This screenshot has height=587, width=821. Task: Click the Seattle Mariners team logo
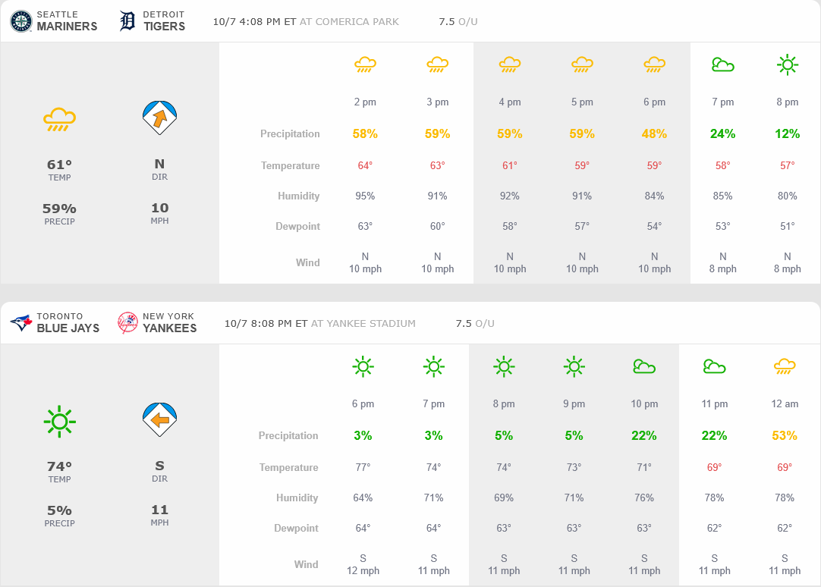(21, 21)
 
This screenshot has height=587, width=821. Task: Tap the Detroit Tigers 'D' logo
(127, 21)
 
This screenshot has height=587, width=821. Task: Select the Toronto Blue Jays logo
(21, 323)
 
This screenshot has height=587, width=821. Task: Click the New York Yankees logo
(127, 323)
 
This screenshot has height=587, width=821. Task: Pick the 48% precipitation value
(654, 134)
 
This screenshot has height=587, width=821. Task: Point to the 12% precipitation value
(787, 134)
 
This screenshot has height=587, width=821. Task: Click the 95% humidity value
(365, 196)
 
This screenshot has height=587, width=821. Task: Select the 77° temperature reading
(363, 468)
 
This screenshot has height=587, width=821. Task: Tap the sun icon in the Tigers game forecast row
(787, 65)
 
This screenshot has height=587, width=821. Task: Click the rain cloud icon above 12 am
(785, 367)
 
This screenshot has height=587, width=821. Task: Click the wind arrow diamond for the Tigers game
(159, 118)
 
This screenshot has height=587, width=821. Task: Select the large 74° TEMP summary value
(59, 466)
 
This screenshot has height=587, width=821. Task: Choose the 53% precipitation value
(785, 436)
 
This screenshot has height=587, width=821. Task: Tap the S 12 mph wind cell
(363, 565)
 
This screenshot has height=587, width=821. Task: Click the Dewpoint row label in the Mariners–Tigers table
(297, 227)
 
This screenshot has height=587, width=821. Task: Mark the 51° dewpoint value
(787, 227)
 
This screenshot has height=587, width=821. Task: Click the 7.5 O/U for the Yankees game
(475, 324)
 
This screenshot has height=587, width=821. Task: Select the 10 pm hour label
(644, 404)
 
